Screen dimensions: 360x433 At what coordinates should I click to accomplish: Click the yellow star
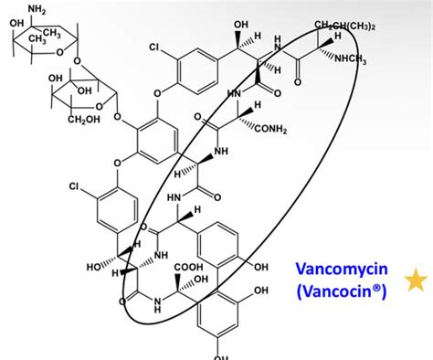point(416,281)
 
